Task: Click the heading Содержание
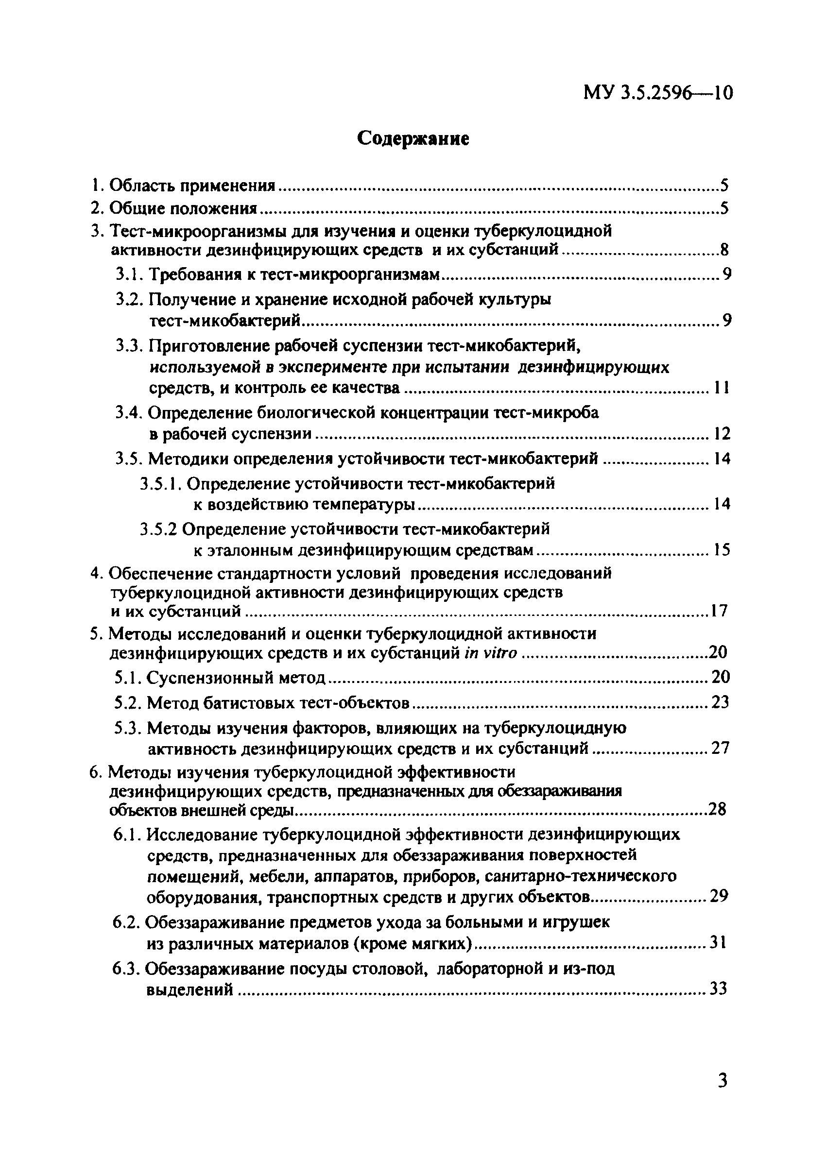pyautogui.click(x=413, y=138)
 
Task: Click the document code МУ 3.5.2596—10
pyautogui.click(x=658, y=93)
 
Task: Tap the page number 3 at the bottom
pyautogui.click(x=723, y=1081)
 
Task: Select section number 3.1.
pyautogui.click(x=129, y=275)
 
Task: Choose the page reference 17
pyautogui.click(x=719, y=611)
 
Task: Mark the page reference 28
pyautogui.click(x=717, y=809)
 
